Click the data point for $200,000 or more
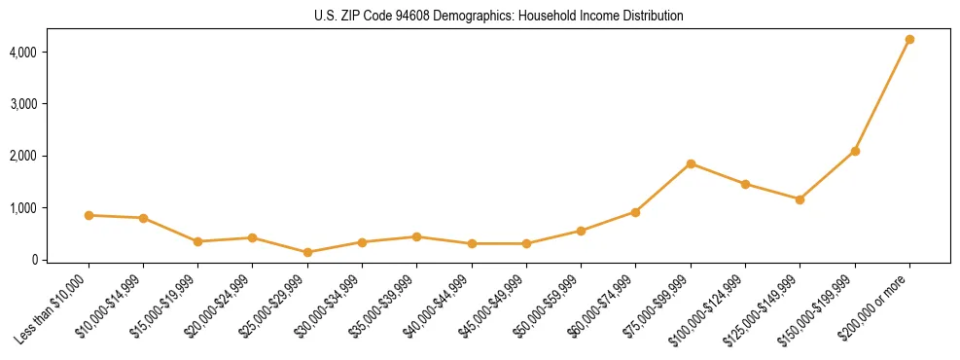[909, 40]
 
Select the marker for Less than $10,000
[89, 215]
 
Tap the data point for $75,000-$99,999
[691, 163]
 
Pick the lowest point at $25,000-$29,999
[307, 252]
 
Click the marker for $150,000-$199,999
[855, 151]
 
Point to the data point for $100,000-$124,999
[745, 184]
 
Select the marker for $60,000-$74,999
[635, 212]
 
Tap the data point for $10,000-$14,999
[143, 218]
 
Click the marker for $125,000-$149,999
[800, 199]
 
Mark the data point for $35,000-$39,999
[416, 236]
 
